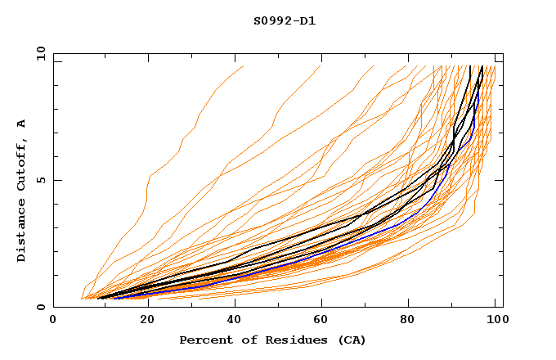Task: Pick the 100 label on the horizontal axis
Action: pos(494,320)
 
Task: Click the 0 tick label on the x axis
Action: pos(53,320)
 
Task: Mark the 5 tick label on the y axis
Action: pos(39,180)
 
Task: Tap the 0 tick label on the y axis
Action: pos(39,308)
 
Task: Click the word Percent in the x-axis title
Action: pos(203,340)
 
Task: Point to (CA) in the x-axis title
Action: pos(352,340)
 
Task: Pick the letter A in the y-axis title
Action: pos(22,123)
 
